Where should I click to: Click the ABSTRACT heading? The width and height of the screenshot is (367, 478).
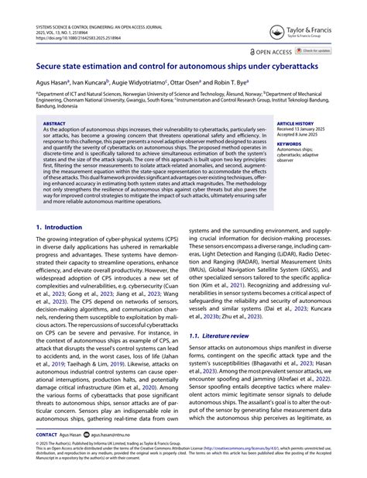pos(53,123)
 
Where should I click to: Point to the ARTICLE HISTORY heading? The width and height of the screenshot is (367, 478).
pos(297,123)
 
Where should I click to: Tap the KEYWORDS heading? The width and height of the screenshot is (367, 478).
pos(289,143)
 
